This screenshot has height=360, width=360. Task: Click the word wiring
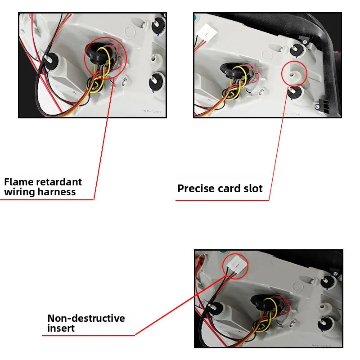pyautogui.click(x=20, y=192)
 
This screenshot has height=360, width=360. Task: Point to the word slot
pyautogui.click(x=252, y=189)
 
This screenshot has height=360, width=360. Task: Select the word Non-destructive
pyautogui.click(x=86, y=319)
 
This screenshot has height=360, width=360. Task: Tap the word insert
pyautogui.click(x=61, y=328)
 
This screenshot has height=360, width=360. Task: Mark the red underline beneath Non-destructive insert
pyautogui.click(x=90, y=335)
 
